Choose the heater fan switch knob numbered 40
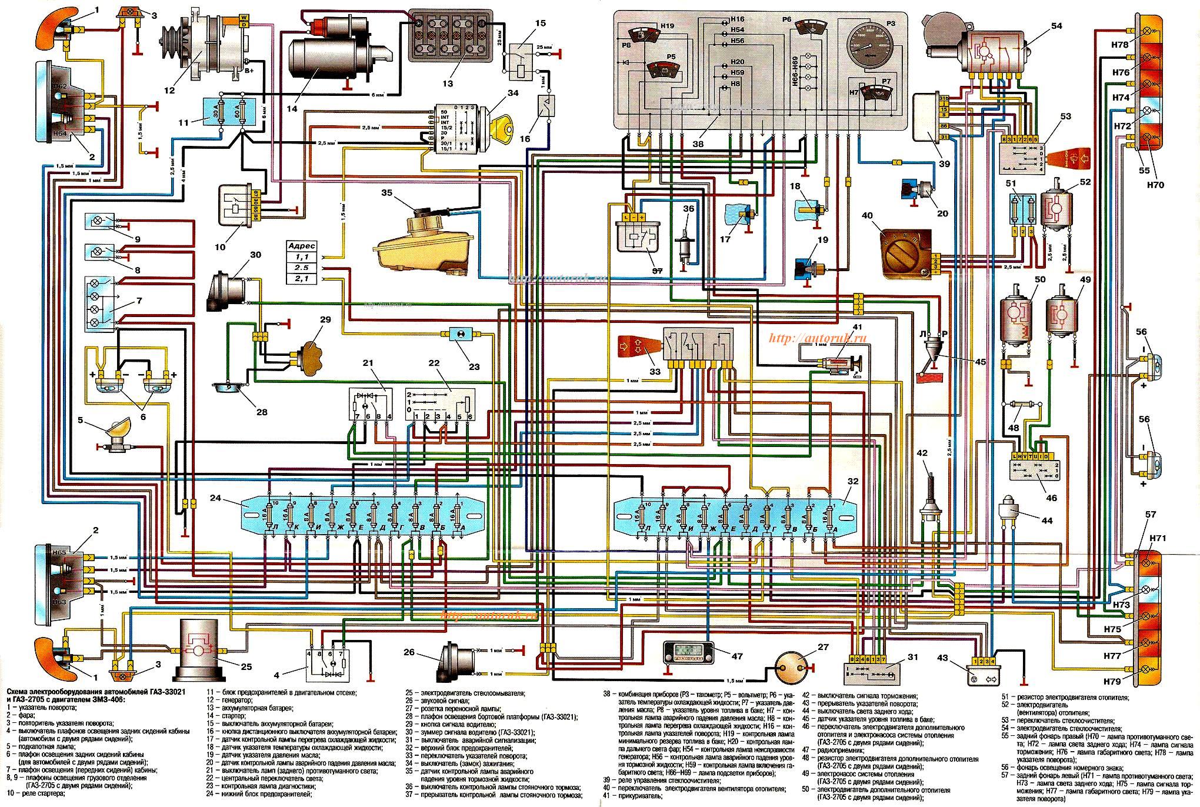tap(905, 254)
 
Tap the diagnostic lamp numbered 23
tap(456, 334)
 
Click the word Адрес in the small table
tap(304, 246)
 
